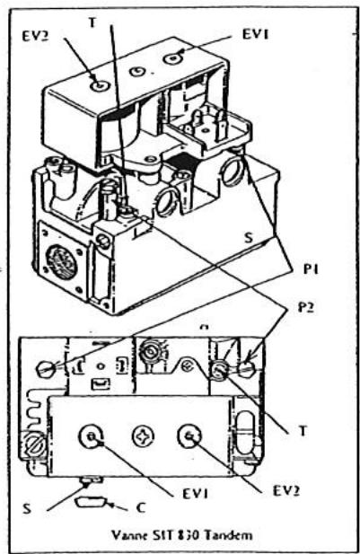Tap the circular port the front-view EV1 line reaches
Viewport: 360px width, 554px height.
tap(92, 437)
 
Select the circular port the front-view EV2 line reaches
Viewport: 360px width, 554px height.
tap(189, 437)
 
